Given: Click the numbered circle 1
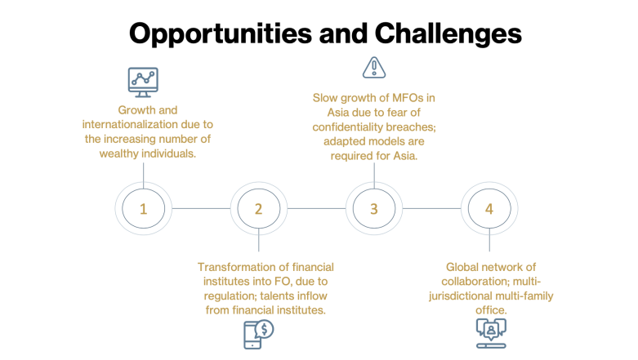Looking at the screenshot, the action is (143, 208).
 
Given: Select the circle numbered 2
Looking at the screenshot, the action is (259, 208).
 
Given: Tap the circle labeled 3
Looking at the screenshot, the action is (374, 208).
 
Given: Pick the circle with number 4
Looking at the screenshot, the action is (489, 208).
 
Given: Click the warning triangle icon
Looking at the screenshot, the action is (374, 68).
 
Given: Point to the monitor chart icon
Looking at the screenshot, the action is (143, 82).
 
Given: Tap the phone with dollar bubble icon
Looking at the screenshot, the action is (258, 335).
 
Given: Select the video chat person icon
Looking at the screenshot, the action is (491, 333).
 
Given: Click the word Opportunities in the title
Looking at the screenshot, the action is (221, 33).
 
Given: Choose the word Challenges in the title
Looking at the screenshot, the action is (448, 33).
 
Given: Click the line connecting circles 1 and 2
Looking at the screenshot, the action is (201, 208).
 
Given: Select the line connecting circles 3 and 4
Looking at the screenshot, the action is (431, 208).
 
